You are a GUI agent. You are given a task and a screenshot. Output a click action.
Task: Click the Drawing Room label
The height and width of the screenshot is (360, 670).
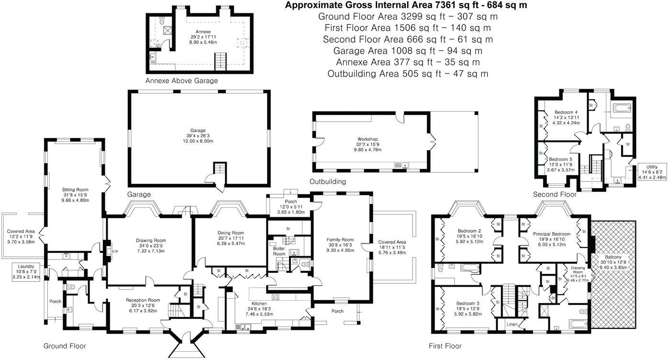click(x=151, y=240)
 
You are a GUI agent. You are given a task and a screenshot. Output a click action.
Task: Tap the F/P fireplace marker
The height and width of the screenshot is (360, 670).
click(x=115, y=252)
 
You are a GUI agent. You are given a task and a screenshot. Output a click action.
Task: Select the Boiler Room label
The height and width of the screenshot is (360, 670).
click(x=279, y=251)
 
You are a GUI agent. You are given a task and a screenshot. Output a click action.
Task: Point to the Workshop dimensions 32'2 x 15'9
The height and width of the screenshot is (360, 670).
click(x=368, y=144)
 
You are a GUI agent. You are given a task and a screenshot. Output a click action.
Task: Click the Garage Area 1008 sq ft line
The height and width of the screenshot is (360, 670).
click(x=408, y=51)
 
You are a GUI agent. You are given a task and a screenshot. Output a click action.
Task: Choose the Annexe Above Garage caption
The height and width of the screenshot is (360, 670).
click(x=181, y=81)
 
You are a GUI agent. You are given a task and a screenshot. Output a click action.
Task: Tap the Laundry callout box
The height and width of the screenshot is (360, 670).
click(x=26, y=272)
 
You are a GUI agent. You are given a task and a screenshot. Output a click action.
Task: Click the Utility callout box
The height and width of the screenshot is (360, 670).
click(x=652, y=172)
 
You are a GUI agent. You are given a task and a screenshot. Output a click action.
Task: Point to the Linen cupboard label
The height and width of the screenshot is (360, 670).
click(x=512, y=325)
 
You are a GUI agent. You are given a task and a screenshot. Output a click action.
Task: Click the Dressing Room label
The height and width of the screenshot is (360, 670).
click(x=578, y=270)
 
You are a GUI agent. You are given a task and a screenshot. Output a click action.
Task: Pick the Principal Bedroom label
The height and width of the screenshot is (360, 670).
click(x=551, y=234)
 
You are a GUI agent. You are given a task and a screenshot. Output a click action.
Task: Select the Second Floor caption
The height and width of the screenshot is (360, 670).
click(x=555, y=194)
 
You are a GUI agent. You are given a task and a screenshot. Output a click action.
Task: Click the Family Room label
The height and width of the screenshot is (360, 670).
click(x=340, y=240)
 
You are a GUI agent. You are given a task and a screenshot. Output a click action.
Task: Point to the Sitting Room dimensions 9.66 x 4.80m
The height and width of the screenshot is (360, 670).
click(x=75, y=200)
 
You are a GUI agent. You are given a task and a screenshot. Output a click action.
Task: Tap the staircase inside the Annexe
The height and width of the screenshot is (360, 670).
click(x=221, y=61)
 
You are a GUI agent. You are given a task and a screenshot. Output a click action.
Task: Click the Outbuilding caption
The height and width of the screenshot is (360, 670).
click(x=327, y=181)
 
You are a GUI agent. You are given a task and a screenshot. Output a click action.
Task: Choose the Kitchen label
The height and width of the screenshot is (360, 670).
click(x=259, y=304)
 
